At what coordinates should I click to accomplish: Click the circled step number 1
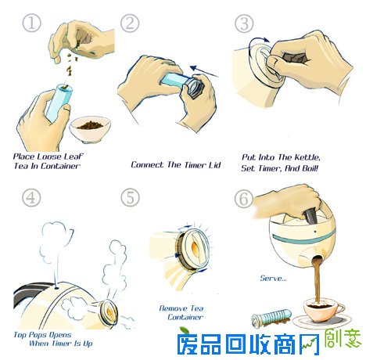(31, 23)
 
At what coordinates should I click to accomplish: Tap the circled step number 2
(130, 23)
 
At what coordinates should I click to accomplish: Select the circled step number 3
(244, 23)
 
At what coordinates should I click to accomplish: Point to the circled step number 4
(31, 197)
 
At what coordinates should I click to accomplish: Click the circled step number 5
(130, 197)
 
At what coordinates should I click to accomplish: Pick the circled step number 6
(244, 199)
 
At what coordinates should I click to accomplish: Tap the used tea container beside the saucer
(271, 318)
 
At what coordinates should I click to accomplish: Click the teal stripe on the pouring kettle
(303, 239)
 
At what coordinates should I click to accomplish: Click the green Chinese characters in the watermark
(343, 339)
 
